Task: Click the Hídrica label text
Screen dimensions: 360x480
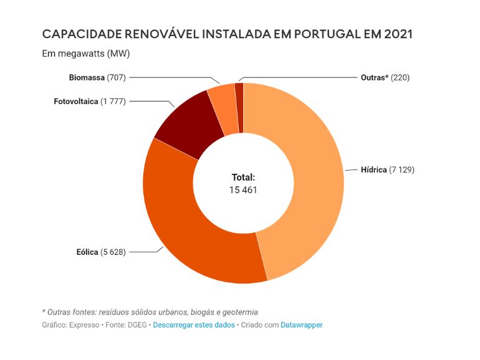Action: [374, 169]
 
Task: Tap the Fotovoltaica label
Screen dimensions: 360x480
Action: [76, 102]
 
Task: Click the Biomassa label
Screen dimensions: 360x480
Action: [87, 78]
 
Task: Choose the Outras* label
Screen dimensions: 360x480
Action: [375, 78]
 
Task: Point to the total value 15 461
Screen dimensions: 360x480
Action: [243, 190]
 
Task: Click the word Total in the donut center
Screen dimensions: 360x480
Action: [243, 178]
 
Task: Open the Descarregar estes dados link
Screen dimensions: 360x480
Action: [194, 325]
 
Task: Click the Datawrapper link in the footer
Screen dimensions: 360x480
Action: [302, 325]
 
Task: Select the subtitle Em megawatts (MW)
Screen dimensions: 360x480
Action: [85, 54]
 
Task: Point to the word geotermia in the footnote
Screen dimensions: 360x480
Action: [239, 311]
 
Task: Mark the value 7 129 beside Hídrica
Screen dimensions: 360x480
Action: [402, 169]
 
